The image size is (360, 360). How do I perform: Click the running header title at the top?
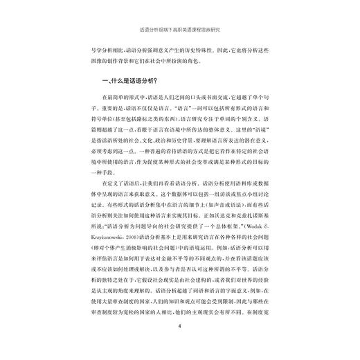pyautogui.click(x=179, y=30)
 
